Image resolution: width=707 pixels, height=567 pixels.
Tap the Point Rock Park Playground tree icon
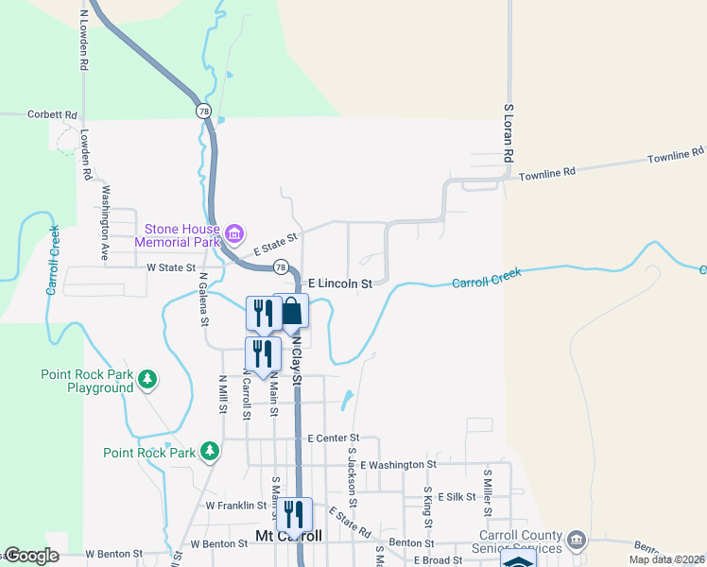click(147, 380)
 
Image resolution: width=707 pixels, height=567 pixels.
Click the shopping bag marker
click(292, 312)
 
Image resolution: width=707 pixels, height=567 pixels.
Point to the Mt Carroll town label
click(289, 536)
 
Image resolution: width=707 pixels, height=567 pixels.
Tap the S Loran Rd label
click(508, 132)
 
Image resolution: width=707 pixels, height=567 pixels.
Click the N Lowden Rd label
click(84, 42)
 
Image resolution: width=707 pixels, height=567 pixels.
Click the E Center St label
click(335, 438)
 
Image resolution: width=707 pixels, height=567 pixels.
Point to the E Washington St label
click(398, 464)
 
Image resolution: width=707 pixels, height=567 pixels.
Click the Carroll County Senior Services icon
click(576, 541)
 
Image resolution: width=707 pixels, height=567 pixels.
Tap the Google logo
click(32, 556)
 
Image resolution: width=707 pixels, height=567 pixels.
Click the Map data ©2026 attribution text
click(667, 559)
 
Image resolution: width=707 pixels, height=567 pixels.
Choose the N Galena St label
click(204, 300)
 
